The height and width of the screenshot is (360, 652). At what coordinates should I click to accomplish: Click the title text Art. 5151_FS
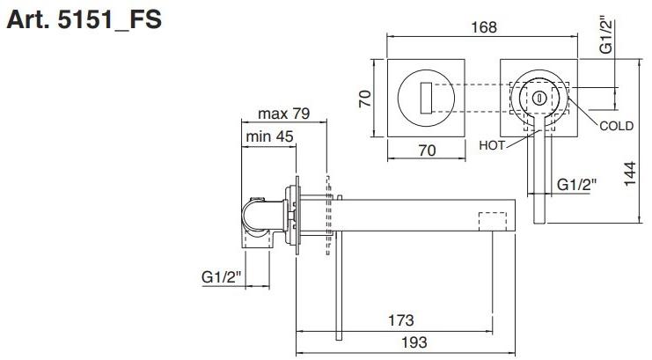84,19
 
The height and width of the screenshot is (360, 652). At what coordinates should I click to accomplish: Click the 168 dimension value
484,27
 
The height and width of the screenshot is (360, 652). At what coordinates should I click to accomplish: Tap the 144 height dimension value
630,173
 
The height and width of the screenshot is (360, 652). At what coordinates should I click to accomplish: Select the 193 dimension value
414,342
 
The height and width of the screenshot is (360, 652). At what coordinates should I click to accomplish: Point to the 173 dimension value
401,320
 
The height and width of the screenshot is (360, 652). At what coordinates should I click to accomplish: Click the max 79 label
284,114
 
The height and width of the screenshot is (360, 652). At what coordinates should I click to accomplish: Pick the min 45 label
270,136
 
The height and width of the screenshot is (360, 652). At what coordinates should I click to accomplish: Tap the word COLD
616,126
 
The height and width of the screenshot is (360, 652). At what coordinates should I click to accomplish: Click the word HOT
492,145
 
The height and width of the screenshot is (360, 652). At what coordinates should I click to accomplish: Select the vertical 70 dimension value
365,99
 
